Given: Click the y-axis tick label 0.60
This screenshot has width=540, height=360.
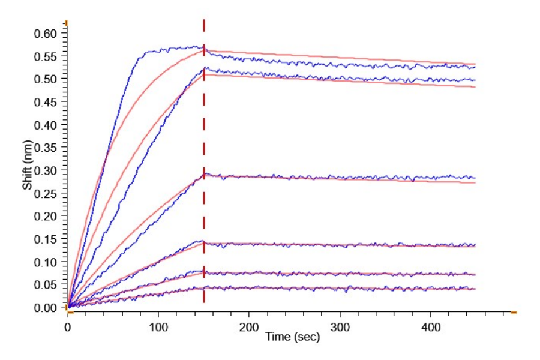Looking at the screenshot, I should coord(47,34).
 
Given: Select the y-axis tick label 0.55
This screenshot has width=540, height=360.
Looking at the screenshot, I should coord(47,56).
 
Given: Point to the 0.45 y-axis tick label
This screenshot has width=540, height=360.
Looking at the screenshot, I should coord(47,102).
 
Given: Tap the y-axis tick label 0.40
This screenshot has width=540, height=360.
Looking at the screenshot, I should coord(47,125).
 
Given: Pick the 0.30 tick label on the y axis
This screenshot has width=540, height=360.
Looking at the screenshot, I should coord(47,170).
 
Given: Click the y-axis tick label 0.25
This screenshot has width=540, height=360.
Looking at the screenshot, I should coord(47,193).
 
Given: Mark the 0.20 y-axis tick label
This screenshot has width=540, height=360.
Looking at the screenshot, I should coord(47,216).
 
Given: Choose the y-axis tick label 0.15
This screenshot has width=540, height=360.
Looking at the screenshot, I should coord(47,239).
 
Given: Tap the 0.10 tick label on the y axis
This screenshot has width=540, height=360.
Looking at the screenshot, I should coord(47,262).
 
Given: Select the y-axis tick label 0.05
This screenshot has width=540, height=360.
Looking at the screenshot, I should coord(47,284).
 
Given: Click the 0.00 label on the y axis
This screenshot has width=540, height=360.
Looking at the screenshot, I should coord(47,307).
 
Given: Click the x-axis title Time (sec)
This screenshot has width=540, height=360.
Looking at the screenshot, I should coord(293,338).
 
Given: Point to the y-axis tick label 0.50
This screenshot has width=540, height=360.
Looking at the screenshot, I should coord(47,79).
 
